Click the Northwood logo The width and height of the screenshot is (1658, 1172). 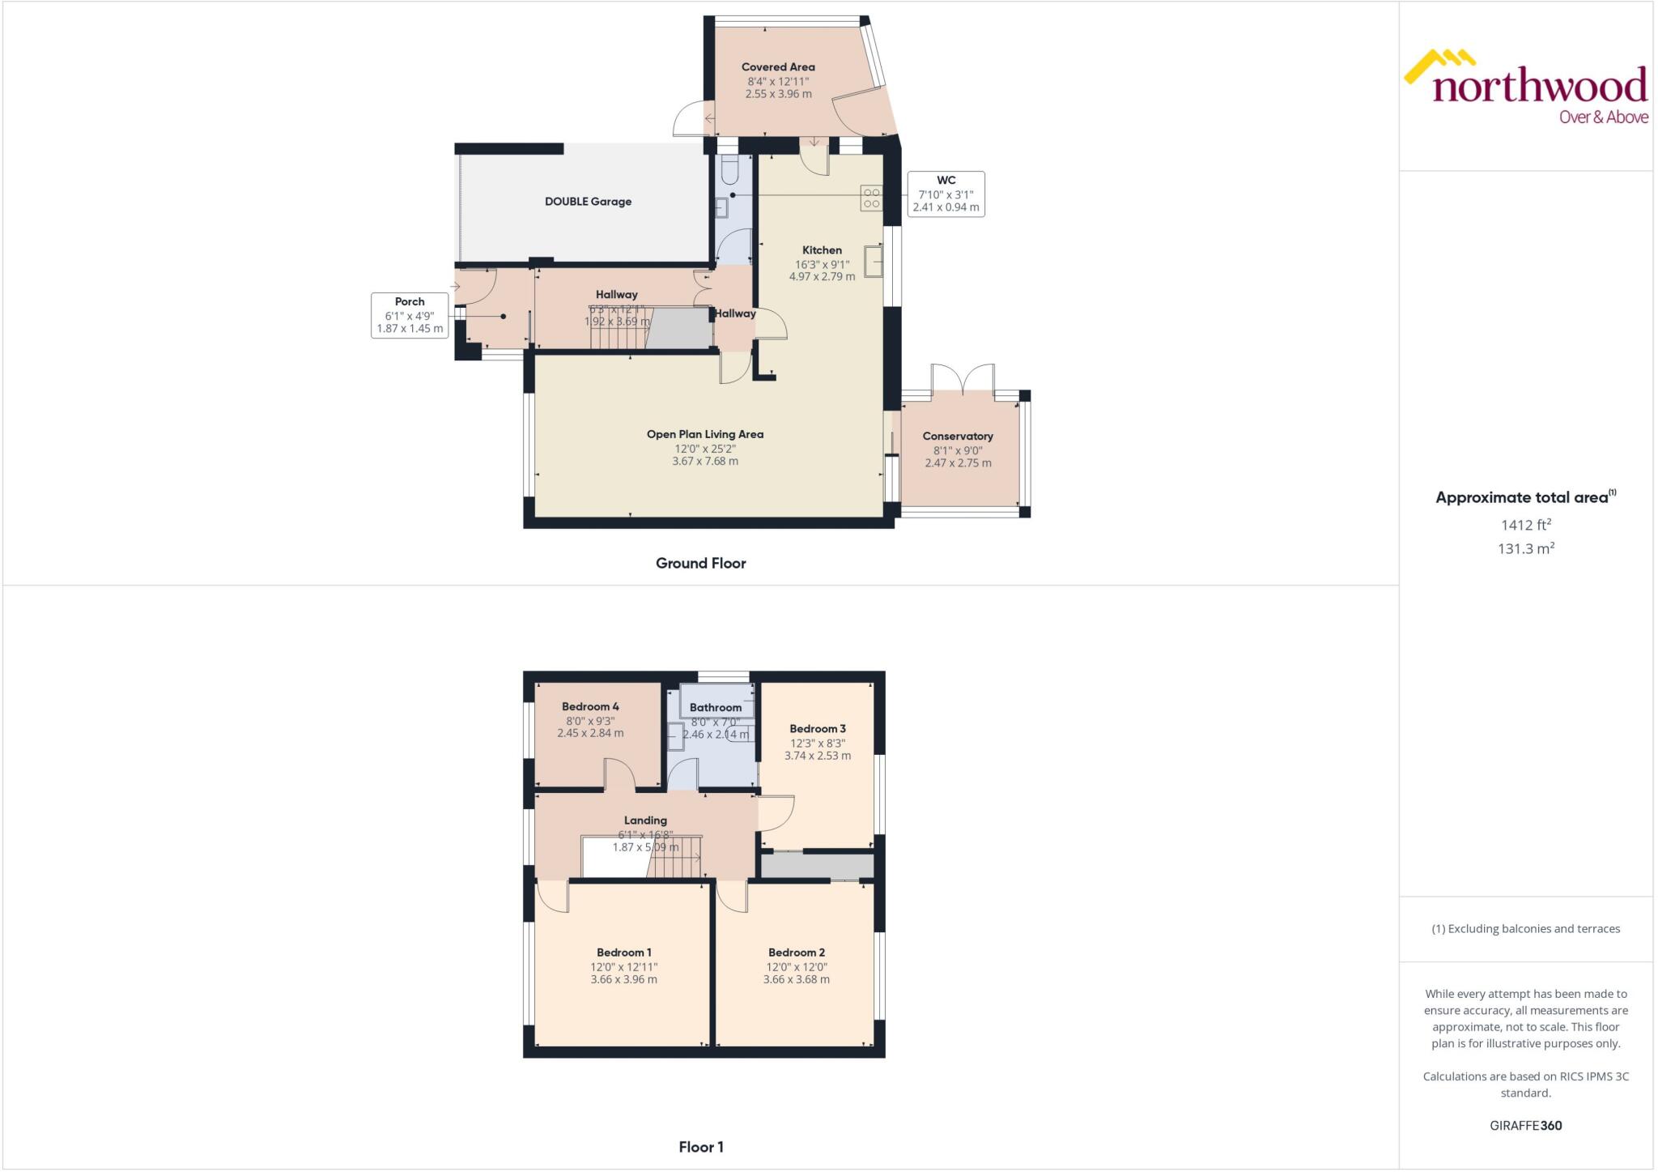tap(1527, 87)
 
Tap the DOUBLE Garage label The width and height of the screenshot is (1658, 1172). tap(588, 202)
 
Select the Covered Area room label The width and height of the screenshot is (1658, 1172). tap(778, 67)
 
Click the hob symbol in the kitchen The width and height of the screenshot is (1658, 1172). tap(871, 198)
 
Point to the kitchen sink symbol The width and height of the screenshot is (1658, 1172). tap(873, 262)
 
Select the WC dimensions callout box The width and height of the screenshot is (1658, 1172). tap(946, 194)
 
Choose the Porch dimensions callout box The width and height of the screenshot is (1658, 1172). tap(410, 315)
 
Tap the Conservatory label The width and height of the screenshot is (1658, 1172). tap(958, 436)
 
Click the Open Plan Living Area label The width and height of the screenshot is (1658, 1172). tap(704, 434)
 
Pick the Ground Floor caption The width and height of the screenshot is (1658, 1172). tap(700, 563)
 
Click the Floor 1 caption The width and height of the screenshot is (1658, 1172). tap(701, 1147)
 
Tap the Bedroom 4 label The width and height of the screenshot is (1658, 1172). tap(590, 706)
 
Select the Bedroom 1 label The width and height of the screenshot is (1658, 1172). tap(623, 953)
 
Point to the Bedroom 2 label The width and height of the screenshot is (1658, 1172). tap(797, 953)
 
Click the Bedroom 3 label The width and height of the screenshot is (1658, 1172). tap(818, 729)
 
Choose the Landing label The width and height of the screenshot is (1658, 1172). tap(645, 820)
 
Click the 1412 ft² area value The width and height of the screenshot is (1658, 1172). tap(1525, 525)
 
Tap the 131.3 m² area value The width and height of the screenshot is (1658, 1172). tap(1525, 549)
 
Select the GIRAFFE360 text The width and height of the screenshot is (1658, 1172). tap(1525, 1125)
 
